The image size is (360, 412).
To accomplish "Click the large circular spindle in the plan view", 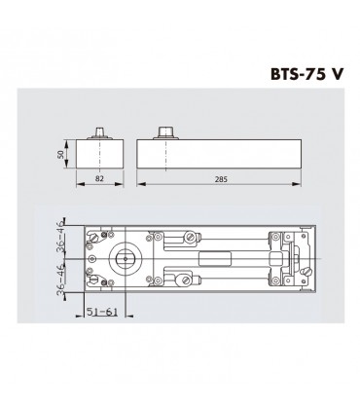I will [x=126, y=259].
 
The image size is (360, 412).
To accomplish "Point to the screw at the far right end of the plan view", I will [x=307, y=273].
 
